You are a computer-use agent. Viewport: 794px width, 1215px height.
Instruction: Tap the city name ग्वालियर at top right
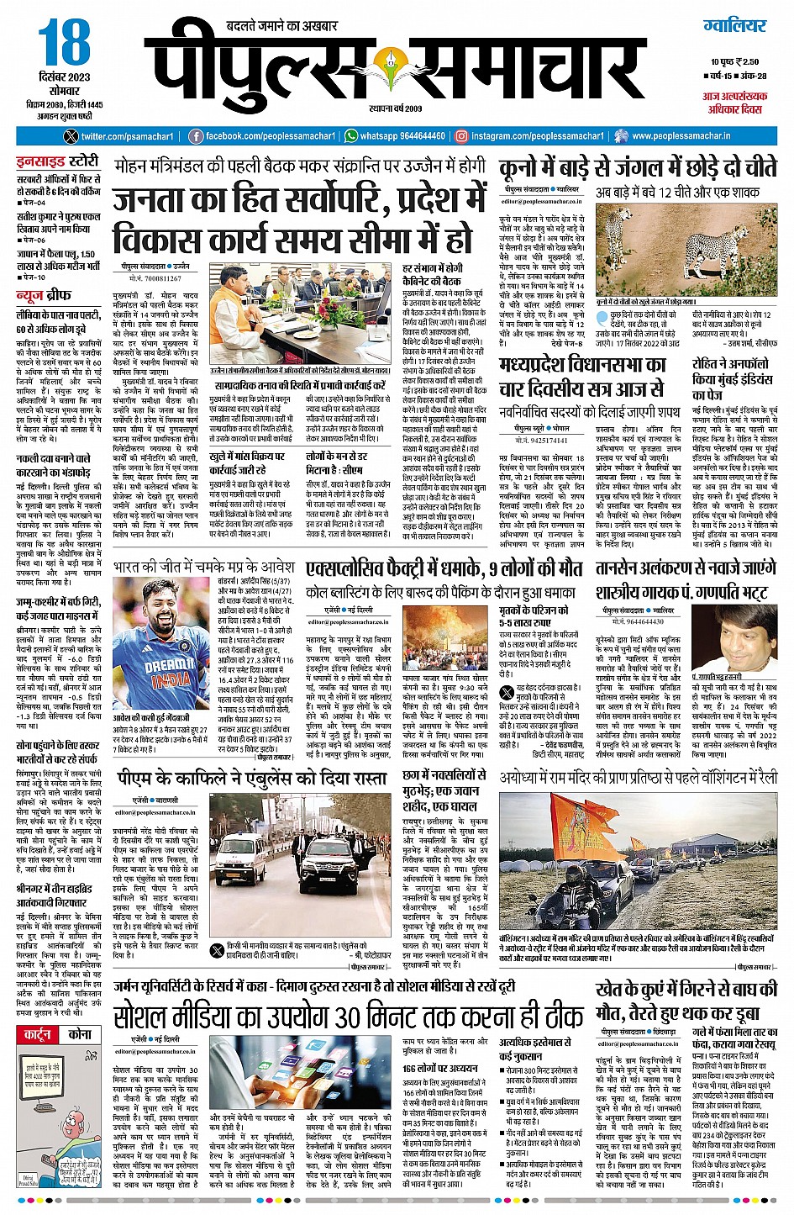[x=735, y=25]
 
